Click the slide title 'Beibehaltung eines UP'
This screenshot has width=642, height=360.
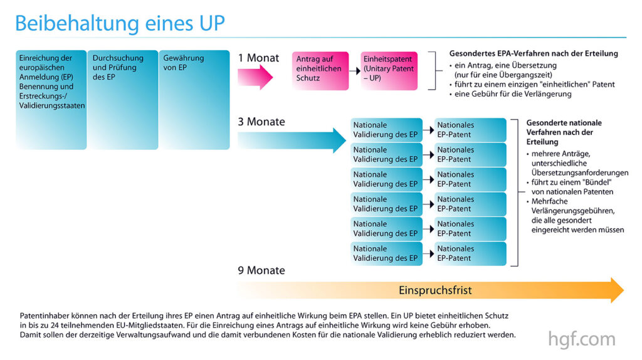click(120, 23)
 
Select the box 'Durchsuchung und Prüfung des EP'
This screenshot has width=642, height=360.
click(123, 100)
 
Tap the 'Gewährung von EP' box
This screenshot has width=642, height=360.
click(194, 100)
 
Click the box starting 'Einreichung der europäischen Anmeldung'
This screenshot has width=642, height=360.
click(51, 100)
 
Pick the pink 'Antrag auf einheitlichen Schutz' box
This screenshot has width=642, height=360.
click(320, 71)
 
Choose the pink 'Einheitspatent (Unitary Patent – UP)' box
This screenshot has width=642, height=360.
click(389, 71)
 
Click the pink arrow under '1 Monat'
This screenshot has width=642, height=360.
click(255, 77)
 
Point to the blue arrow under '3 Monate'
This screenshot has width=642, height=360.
click(292, 140)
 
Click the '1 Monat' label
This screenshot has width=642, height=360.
click(258, 58)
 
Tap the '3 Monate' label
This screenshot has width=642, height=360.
click(261, 122)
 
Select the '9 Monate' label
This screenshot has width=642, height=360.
click(261, 270)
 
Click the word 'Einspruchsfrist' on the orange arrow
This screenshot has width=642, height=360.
click(435, 290)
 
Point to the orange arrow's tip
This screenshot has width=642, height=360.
click(624, 290)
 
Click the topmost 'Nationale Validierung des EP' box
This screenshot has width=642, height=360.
click(386, 130)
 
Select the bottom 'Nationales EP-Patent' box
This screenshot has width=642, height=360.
click(470, 253)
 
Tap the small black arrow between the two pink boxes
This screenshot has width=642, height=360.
click(355, 71)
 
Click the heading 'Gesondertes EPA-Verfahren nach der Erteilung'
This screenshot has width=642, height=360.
click(534, 53)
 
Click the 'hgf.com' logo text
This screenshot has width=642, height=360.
click(581, 339)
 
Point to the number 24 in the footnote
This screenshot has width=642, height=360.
click(55, 325)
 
